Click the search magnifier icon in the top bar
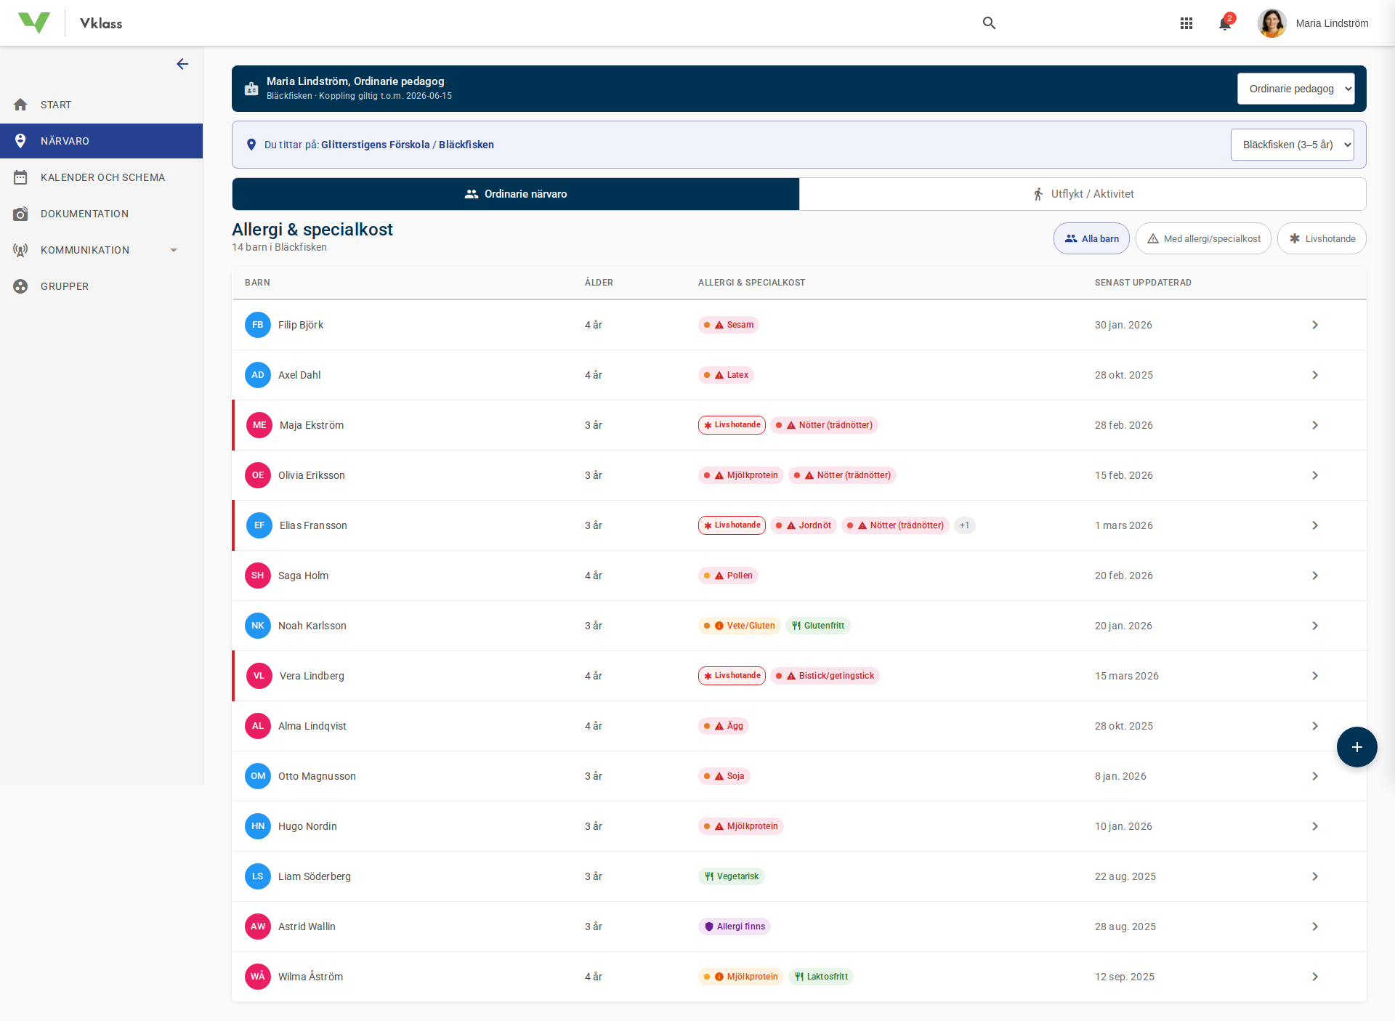[989, 23]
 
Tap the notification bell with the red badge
[1225, 23]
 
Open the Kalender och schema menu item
[102, 177]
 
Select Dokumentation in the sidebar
[84, 214]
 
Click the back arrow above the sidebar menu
[182, 64]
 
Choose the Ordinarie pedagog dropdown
[1295, 89]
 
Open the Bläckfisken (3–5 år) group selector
[1292, 145]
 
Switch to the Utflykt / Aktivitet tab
[1083, 194]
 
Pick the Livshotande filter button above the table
[1322, 238]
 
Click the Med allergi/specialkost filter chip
[1203, 238]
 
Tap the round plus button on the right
[1356, 747]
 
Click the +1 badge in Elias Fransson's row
[964, 525]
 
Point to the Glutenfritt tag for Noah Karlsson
[818, 626]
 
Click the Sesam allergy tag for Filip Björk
[729, 325]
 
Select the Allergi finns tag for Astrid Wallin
[735, 927]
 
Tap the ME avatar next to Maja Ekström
[259, 425]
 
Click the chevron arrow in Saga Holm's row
[1315, 576]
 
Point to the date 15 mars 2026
[1126, 676]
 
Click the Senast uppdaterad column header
[1143, 283]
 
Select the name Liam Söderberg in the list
[315, 876]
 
